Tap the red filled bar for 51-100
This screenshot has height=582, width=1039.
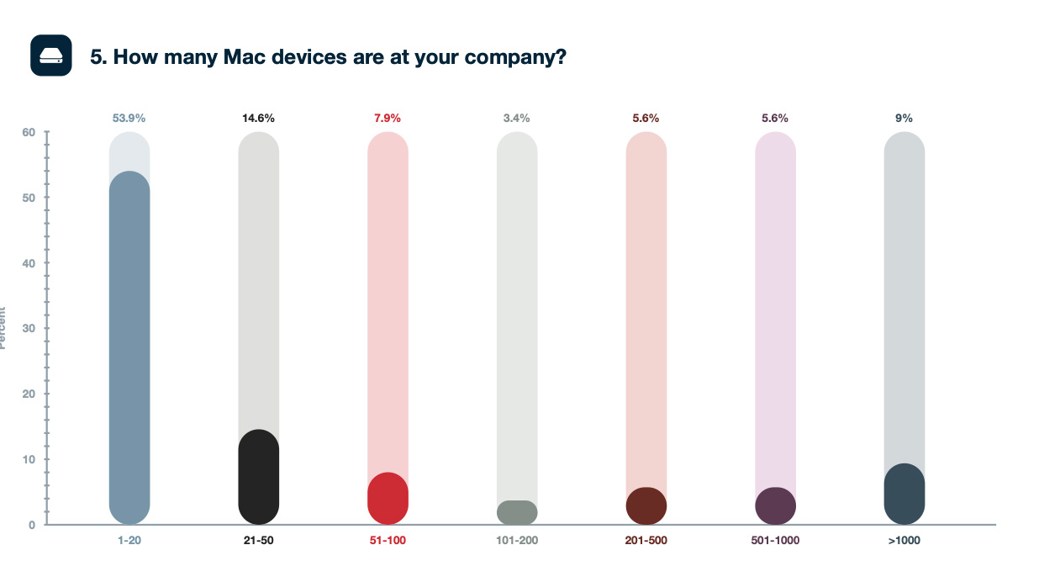coord(388,498)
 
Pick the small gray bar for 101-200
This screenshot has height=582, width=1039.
coord(517,512)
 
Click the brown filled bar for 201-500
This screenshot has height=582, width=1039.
coord(646,505)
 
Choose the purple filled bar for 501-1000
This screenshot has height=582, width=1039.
coord(775,505)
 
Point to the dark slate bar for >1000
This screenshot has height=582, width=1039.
coord(905,494)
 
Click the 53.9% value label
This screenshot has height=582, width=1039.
coord(129,119)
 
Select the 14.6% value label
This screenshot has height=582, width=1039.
coord(259,119)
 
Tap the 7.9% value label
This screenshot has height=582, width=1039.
coord(388,119)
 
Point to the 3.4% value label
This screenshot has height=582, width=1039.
coord(517,119)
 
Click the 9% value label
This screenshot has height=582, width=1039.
coord(905,119)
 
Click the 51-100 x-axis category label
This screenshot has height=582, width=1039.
coord(388,540)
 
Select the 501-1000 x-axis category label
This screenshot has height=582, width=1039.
coord(775,540)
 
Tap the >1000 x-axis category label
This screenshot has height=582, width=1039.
coord(905,540)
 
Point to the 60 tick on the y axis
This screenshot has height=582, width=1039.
coord(29,132)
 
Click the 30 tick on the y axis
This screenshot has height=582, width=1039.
coord(29,329)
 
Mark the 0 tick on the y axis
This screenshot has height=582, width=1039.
coord(32,525)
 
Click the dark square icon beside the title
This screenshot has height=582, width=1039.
coord(51,56)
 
